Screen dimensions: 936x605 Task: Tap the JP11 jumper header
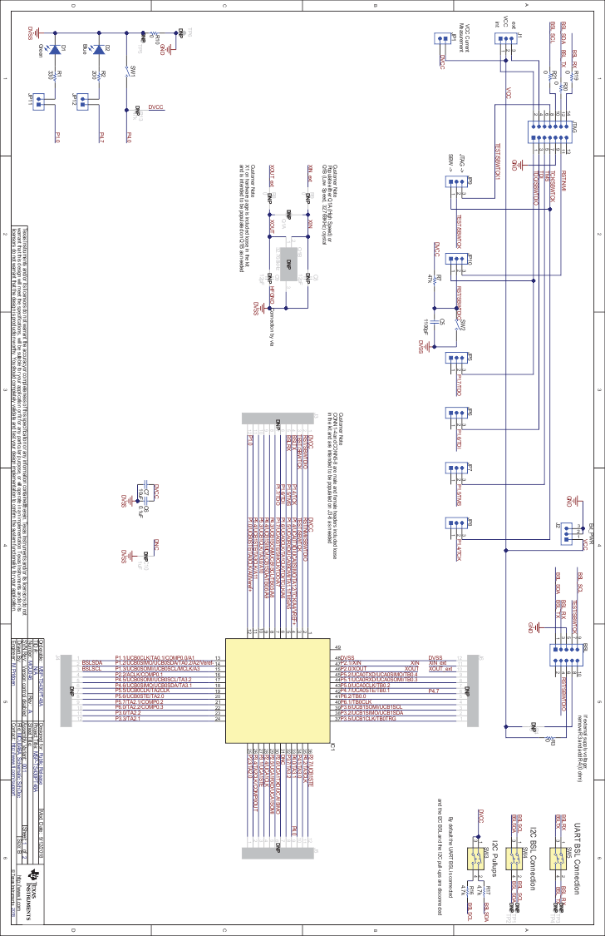point(37,100)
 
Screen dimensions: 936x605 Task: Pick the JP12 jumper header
point(81,100)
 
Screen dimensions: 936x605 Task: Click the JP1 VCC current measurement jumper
point(442,39)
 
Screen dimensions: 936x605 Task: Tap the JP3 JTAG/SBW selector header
point(456,189)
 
